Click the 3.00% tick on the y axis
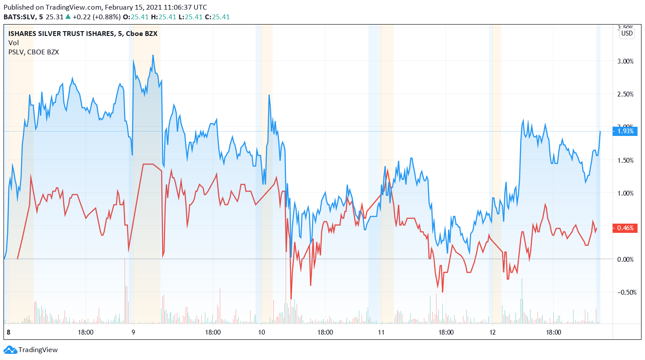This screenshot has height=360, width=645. pyautogui.click(x=625, y=61)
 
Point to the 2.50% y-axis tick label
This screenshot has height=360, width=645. pyautogui.click(x=625, y=94)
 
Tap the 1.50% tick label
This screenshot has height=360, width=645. pyautogui.click(x=625, y=160)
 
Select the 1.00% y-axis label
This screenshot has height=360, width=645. pyautogui.click(x=625, y=193)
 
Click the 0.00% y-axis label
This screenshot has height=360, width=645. pyautogui.click(x=625, y=260)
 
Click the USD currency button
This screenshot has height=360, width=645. pyautogui.click(x=627, y=33)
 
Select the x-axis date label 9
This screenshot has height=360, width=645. pyautogui.click(x=133, y=332)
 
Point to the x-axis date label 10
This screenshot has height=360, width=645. pyautogui.click(x=262, y=332)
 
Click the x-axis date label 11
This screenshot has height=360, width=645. pyautogui.click(x=381, y=332)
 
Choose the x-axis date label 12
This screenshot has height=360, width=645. pyautogui.click(x=493, y=332)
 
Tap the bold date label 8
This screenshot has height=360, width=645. pyautogui.click(x=8, y=332)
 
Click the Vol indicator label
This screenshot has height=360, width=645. pyautogui.click(x=14, y=43)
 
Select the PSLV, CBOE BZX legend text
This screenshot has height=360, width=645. pyautogui.click(x=34, y=52)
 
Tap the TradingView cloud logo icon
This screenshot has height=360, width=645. pyautogui.click(x=10, y=350)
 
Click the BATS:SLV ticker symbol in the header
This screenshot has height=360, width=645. pyautogui.click(x=20, y=17)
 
